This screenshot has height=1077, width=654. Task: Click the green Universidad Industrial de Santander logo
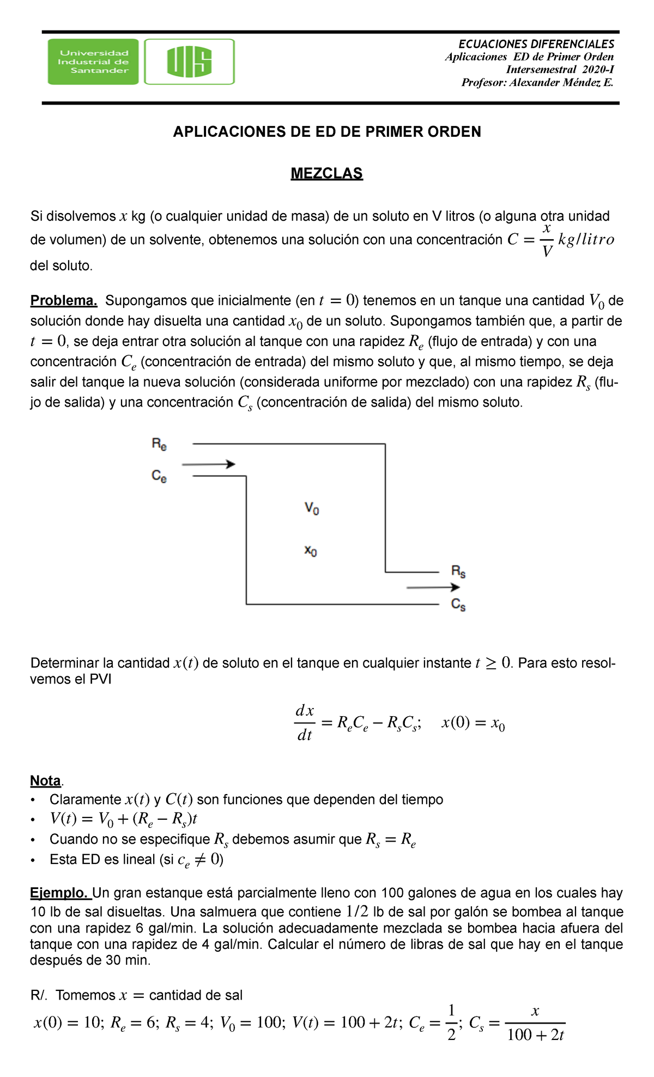[x=93, y=62]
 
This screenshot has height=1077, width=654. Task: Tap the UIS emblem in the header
[x=189, y=62]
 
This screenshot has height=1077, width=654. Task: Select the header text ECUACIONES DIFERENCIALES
[x=536, y=44]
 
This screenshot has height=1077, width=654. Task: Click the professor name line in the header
[x=537, y=82]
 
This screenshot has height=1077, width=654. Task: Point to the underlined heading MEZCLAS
[x=326, y=173]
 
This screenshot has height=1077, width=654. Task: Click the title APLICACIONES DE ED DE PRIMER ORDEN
[x=326, y=132]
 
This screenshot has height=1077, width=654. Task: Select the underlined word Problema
[x=64, y=300]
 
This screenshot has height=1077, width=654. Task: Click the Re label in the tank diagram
[x=159, y=444]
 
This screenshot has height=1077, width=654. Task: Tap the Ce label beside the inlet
[x=159, y=476]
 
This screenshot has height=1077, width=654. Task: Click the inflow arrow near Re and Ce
[x=208, y=464]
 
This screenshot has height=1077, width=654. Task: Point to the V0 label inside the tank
[x=312, y=509]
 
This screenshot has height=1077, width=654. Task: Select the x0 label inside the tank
[x=311, y=550]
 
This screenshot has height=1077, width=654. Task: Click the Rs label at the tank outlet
[x=458, y=571]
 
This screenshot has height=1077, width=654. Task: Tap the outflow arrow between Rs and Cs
[x=433, y=588]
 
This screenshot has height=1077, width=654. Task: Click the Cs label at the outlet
[x=458, y=604]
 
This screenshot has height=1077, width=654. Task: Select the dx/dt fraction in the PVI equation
[x=304, y=723]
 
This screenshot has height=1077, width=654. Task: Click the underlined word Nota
[x=45, y=780]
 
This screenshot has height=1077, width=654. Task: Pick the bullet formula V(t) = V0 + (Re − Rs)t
[x=124, y=819]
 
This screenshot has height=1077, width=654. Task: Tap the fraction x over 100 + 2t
[x=535, y=1023]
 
